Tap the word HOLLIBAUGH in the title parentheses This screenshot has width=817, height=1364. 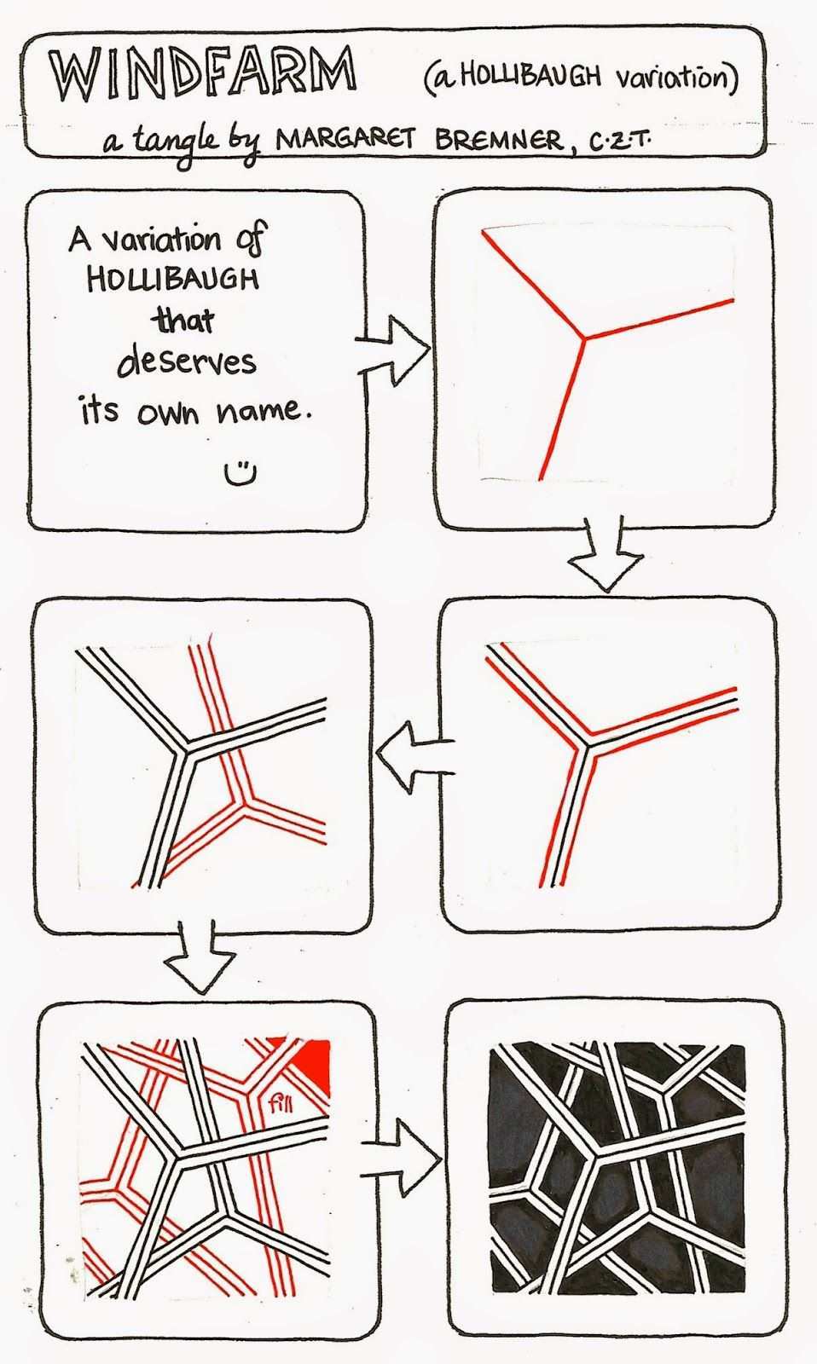point(531,78)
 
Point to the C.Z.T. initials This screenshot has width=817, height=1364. point(620,144)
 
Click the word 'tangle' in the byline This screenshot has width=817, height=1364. point(177,144)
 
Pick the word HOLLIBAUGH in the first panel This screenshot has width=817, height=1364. point(173,280)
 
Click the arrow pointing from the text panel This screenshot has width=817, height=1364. point(392,350)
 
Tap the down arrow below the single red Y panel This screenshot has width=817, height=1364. point(604,553)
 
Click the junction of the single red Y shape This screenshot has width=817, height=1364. point(583,338)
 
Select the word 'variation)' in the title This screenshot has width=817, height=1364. point(676,78)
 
